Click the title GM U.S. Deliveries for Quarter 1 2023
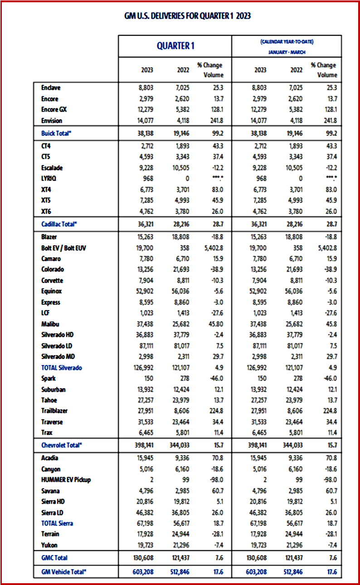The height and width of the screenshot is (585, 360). (x=187, y=16)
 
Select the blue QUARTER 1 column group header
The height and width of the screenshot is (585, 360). (x=175, y=46)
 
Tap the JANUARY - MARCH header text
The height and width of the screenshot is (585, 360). (x=287, y=52)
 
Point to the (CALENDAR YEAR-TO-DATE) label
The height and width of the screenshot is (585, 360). (x=287, y=42)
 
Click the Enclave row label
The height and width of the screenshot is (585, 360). (x=50, y=88)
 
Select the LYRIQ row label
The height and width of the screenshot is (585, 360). (x=49, y=179)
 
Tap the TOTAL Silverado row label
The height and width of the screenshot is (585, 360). (x=62, y=368)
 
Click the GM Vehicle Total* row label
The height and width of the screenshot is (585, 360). (x=63, y=572)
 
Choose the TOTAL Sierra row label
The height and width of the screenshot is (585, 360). (x=57, y=523)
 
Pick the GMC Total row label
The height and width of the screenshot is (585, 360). (x=54, y=558)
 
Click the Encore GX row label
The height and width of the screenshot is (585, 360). (x=54, y=110)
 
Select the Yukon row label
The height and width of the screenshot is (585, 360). (x=49, y=545)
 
